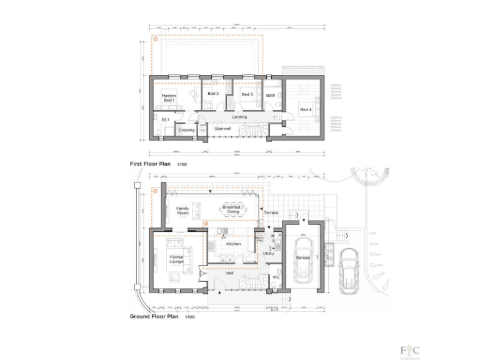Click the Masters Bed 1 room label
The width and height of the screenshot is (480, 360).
pyautogui.click(x=169, y=97)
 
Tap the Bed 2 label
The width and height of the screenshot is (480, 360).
pyautogui.click(x=212, y=94)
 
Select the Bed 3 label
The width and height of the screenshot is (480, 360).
pyautogui.click(x=246, y=94)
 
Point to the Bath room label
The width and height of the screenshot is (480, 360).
pyautogui.click(x=271, y=96)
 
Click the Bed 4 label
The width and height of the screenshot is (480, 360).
pyautogui.click(x=305, y=109)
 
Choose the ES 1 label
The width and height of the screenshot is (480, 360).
pyautogui.click(x=165, y=119)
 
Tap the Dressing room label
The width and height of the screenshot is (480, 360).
pyautogui.click(x=186, y=130)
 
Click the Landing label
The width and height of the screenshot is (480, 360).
pyautogui.click(x=239, y=117)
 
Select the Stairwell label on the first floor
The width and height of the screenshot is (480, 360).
pyautogui.click(x=223, y=129)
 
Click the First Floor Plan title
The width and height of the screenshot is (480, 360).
pyautogui.click(x=150, y=164)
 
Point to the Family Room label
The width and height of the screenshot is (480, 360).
pyautogui.click(x=182, y=211)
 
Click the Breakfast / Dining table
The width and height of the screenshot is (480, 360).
pyautogui.click(x=233, y=211)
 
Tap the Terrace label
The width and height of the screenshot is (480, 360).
pyautogui.click(x=271, y=212)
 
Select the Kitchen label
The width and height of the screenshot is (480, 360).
pyautogui.click(x=233, y=244)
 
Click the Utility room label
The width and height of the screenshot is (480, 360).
pyautogui.click(x=269, y=254)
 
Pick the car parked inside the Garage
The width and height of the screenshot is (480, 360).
pyautogui.click(x=302, y=257)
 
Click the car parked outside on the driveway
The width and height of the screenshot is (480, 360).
pyautogui.click(x=349, y=270)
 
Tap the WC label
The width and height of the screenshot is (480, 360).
pyautogui.click(x=276, y=277)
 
